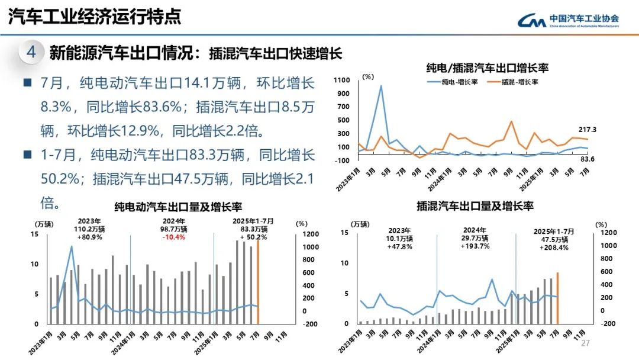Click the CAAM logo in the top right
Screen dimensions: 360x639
(x=568, y=20)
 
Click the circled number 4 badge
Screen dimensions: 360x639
(x=31, y=53)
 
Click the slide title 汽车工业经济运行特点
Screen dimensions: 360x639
(x=95, y=17)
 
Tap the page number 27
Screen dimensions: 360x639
(x=586, y=344)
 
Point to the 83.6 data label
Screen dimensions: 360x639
(x=586, y=159)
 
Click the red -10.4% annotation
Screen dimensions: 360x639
(x=174, y=237)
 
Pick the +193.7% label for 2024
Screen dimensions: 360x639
(x=474, y=246)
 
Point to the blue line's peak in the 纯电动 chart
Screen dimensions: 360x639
(x=72, y=246)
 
